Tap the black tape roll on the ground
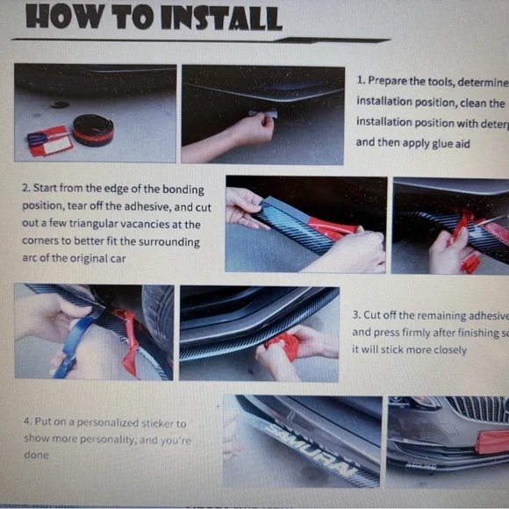[93, 130]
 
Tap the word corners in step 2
[42, 241]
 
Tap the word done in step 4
[36, 455]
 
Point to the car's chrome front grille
[478, 409]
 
